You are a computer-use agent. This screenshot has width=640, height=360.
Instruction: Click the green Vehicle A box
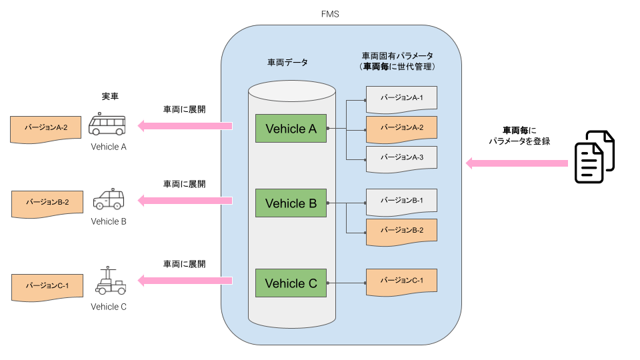[291, 129]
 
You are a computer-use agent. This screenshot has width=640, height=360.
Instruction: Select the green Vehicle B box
[291, 203]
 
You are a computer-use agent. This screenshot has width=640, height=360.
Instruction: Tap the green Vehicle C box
[291, 283]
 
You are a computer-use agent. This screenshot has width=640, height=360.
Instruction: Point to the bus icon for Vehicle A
[107, 125]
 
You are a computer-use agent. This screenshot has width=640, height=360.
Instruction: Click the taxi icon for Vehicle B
[108, 199]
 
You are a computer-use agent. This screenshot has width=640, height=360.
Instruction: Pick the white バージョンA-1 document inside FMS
[401, 97]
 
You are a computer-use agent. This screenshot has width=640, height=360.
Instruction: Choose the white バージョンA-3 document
[401, 157]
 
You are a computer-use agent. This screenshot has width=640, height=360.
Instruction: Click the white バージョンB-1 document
[401, 200]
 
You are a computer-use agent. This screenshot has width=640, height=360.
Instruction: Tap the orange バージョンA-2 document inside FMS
[401, 127]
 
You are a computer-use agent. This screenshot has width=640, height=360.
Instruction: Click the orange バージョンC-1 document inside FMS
[401, 281]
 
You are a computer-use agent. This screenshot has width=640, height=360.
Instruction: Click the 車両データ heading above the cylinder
[287, 62]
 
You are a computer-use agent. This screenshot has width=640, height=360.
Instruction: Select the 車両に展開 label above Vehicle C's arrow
[184, 264]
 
